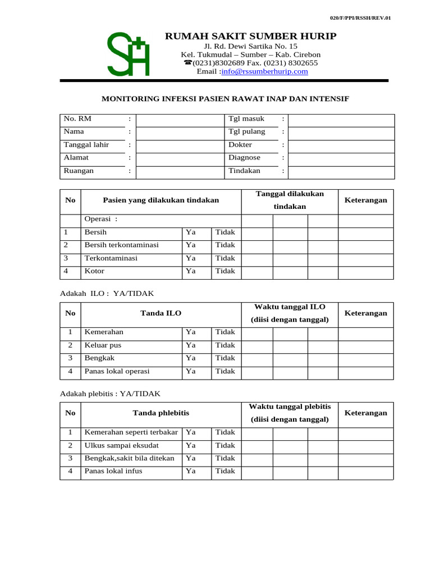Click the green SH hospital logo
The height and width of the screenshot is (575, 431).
[x=129, y=54]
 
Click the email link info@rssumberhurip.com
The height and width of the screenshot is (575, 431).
[x=265, y=72]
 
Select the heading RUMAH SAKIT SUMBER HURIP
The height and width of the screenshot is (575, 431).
[x=250, y=36]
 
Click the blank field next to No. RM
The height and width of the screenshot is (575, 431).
[x=180, y=119]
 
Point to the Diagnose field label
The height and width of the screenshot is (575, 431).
[x=244, y=158]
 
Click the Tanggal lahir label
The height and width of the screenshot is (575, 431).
[x=86, y=145]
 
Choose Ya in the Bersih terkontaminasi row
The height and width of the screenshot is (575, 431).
[x=191, y=245]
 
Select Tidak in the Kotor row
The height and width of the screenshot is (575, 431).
[x=225, y=271]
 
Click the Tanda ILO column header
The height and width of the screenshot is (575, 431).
[x=161, y=313]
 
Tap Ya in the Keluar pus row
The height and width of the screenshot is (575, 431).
[x=191, y=345]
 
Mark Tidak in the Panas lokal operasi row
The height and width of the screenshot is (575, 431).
[x=225, y=371]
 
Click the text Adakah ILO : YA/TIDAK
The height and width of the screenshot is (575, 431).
[x=107, y=293]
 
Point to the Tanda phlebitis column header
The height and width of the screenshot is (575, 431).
[x=161, y=413]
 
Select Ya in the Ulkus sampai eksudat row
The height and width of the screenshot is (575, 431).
[x=191, y=445]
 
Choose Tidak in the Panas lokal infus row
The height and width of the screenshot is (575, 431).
[x=225, y=471]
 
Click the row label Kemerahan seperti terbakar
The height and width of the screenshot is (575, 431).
[x=131, y=432]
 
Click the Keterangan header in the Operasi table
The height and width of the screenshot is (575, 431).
[x=365, y=200]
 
